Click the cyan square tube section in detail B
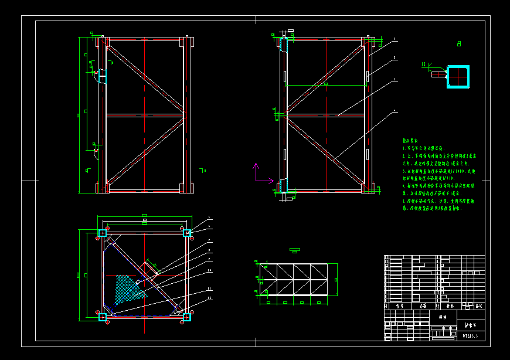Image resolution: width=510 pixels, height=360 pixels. coord(458,77)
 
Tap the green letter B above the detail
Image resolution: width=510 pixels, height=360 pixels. coord(458,43)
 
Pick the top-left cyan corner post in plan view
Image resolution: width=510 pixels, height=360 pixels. coord(103,233)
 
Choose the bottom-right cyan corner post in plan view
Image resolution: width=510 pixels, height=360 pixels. coord(187,317)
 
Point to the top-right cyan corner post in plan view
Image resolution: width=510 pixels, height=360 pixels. coord(187,233)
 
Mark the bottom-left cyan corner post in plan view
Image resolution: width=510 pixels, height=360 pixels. coord(103,317)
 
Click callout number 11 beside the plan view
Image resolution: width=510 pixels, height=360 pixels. coord(208,290)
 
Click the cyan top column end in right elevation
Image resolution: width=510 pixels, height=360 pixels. coord(283,46)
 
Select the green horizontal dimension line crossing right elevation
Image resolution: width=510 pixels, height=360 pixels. coord(325,86)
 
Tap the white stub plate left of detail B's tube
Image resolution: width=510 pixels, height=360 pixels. coord(438,74)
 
